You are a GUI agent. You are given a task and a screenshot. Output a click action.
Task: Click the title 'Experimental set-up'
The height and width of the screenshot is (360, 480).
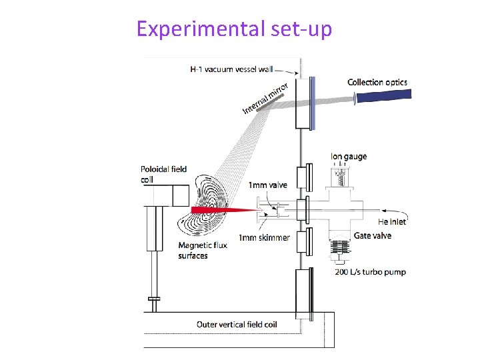pyautogui.click(x=234, y=29)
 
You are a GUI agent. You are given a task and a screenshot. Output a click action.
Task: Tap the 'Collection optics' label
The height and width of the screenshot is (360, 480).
pyautogui.click(x=377, y=82)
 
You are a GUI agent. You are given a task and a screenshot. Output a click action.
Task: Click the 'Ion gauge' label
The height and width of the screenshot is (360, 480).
pyautogui.click(x=349, y=157)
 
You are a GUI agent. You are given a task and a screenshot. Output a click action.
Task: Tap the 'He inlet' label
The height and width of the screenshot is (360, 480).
pyautogui.click(x=392, y=221)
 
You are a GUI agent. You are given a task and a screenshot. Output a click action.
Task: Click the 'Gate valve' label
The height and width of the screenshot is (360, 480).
pyautogui.click(x=373, y=235)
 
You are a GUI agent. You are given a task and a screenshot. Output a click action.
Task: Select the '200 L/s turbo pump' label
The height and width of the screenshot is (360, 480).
pyautogui.click(x=369, y=271)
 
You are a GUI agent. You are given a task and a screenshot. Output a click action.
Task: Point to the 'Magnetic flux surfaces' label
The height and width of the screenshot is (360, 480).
pyautogui.click(x=203, y=250)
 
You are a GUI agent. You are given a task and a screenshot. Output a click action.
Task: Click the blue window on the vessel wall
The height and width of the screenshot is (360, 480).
pyautogui.click(x=313, y=103)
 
